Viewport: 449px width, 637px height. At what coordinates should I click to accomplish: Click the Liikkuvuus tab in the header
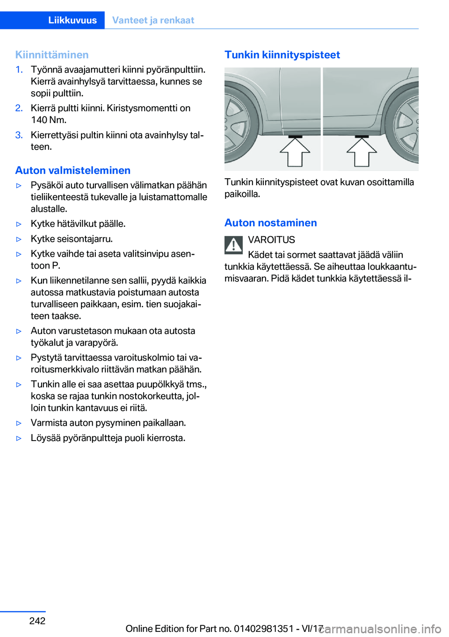(72, 20)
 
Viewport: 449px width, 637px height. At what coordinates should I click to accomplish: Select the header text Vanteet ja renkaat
(153, 20)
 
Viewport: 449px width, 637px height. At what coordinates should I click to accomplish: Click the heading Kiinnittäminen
(52, 55)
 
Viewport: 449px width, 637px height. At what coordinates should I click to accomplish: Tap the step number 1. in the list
(19, 70)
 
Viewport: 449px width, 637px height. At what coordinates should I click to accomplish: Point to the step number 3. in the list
(19, 135)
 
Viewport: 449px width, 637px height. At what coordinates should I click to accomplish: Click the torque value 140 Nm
(49, 120)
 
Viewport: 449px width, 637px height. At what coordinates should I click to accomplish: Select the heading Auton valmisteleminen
(73, 170)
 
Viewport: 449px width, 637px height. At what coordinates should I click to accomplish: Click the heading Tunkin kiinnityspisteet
(282, 55)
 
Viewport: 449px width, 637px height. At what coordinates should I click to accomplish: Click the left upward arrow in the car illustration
(295, 152)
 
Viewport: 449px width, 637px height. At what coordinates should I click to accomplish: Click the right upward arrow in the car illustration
(362, 152)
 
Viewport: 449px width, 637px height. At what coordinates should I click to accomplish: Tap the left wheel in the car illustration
(239, 126)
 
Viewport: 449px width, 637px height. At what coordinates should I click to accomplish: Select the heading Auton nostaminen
(271, 223)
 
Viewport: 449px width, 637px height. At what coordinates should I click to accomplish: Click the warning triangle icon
(233, 245)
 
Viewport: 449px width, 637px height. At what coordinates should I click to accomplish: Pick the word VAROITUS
(271, 240)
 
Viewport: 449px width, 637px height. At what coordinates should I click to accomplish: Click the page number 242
(37, 621)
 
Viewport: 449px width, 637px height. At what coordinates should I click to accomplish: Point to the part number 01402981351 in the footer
(264, 629)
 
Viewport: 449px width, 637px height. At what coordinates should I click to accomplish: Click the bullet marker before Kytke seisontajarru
(19, 239)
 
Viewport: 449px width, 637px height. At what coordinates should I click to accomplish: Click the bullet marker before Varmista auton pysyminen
(19, 423)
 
